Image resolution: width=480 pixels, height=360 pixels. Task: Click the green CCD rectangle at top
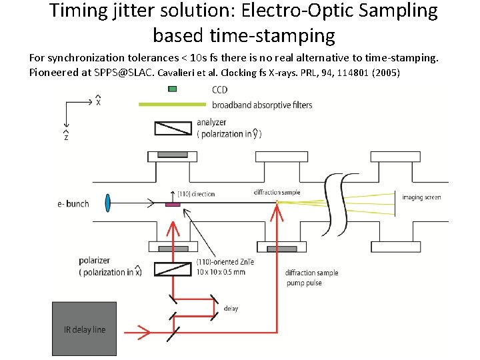coord(173,89)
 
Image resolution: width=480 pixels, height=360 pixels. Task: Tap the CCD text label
coord(219,90)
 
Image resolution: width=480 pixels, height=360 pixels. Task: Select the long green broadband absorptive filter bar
coord(172,104)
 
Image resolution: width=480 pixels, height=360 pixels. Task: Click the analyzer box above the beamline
coord(172,128)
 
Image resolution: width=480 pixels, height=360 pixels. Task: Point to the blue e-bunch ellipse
coord(107,203)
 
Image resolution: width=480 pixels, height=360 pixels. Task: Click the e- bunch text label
coord(73,203)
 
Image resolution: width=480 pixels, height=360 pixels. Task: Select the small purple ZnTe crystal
coord(173,203)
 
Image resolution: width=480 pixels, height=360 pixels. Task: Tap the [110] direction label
coord(196,194)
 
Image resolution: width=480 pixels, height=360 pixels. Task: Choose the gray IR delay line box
coord(84,329)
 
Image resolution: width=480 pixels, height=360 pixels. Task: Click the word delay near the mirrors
coord(231,309)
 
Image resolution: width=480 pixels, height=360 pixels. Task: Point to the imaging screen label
coord(421,197)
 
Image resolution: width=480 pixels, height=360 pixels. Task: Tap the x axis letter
coord(99,103)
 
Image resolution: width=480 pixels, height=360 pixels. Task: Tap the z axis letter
coord(65,137)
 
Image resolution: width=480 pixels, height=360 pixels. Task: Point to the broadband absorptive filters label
coord(262,105)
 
